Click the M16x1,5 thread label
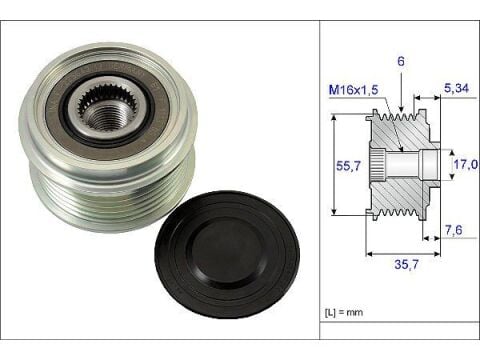(353, 90)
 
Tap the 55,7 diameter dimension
(348, 165)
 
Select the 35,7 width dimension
(406, 264)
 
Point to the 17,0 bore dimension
(466, 164)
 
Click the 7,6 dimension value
(454, 230)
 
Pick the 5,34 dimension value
(456, 88)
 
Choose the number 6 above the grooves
(401, 61)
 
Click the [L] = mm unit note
(344, 313)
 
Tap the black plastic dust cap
(227, 255)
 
